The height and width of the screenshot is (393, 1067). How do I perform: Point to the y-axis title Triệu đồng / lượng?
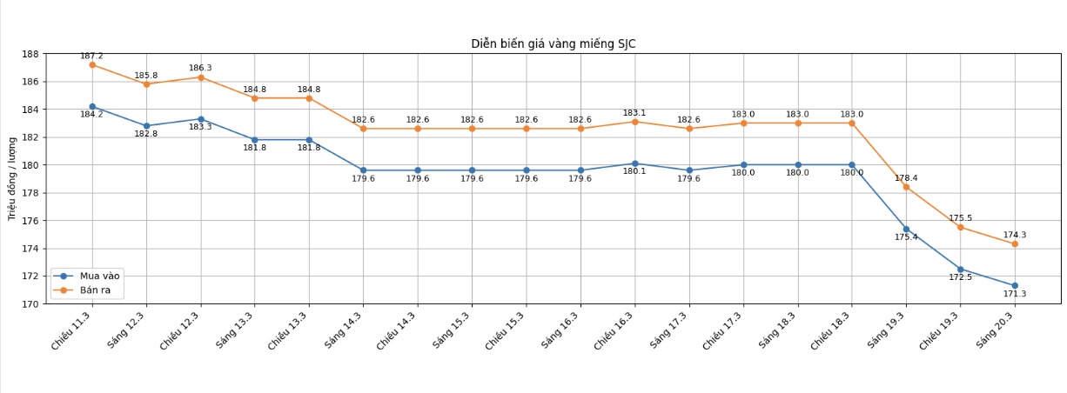click(x=13, y=179)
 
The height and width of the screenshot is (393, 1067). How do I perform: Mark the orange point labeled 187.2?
click(x=92, y=65)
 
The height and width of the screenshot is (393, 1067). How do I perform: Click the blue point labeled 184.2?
click(x=92, y=107)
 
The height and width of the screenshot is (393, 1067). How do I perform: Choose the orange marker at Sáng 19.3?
click(x=906, y=187)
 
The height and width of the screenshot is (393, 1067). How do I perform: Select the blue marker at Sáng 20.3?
click(x=1015, y=286)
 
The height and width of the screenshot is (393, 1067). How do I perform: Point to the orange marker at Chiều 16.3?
click(x=634, y=122)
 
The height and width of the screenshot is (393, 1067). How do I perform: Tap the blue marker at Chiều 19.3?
click(x=961, y=270)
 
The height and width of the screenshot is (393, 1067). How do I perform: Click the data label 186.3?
click(x=200, y=68)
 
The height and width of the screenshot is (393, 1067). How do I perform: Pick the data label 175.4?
click(x=906, y=237)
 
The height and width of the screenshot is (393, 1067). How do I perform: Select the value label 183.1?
click(x=634, y=113)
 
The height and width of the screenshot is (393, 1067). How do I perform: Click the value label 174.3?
click(x=1015, y=235)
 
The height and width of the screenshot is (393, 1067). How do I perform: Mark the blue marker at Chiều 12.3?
click(x=201, y=119)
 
